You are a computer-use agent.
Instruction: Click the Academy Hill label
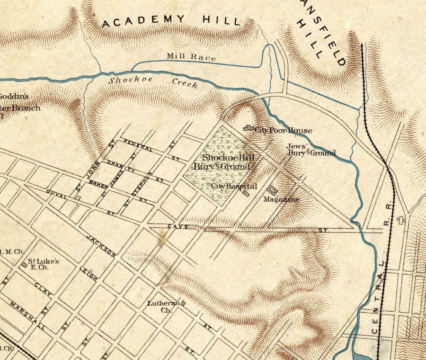click(x=171, y=20)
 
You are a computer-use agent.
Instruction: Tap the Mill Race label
click(x=191, y=57)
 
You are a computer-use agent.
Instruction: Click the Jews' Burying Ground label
click(x=311, y=150)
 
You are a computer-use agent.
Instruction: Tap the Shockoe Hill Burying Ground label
click(x=222, y=162)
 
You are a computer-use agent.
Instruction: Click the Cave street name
click(x=177, y=227)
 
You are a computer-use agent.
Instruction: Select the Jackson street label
click(x=101, y=245)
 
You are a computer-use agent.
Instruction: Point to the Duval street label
click(x=56, y=194)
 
